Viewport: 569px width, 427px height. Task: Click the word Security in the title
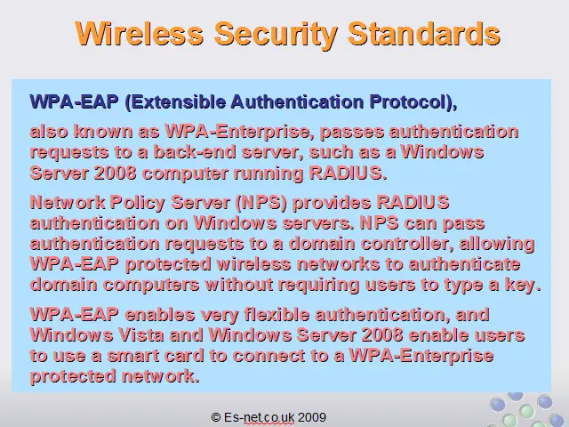[x=276, y=34]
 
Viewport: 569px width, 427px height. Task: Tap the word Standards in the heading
[x=424, y=34]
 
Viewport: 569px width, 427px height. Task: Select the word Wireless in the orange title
[x=139, y=34]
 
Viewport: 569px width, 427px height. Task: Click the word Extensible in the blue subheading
[x=178, y=102]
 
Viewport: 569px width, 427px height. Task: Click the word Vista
[x=141, y=335]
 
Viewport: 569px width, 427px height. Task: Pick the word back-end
[x=195, y=152]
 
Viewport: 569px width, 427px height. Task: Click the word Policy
[x=138, y=203]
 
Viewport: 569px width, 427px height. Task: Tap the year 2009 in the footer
[x=312, y=417]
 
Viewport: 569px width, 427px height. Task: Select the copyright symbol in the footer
[x=216, y=417]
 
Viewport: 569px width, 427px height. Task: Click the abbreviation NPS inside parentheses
[x=261, y=203]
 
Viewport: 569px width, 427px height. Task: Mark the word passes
[x=352, y=133]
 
